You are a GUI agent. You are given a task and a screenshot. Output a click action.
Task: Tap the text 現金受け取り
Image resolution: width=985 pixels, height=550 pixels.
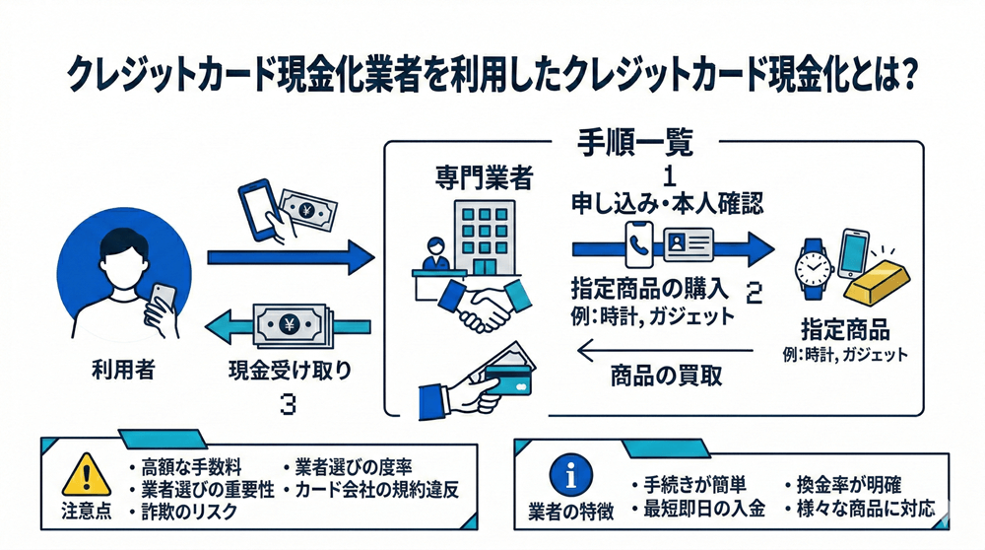285,372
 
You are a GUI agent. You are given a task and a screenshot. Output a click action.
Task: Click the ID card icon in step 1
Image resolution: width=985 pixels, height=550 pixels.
689,242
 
